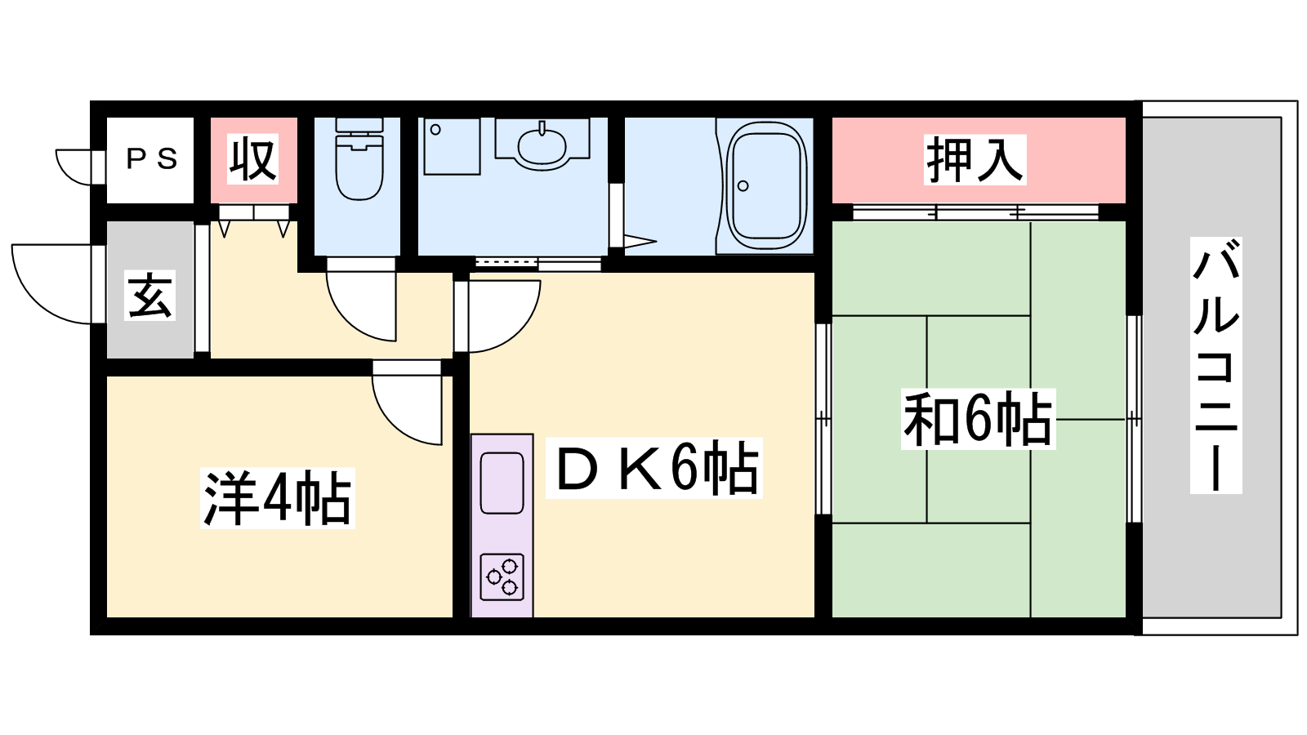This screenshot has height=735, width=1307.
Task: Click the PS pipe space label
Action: [x=152, y=158]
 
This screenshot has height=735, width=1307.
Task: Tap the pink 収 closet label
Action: [x=252, y=158]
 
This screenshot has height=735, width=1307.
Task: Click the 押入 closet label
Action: [x=975, y=159]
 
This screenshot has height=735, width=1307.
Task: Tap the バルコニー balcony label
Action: [x=1216, y=366]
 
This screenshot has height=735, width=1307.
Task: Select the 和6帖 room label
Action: [x=978, y=420]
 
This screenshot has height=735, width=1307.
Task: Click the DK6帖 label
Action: [x=654, y=469]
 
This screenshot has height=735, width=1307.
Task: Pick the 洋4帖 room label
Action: [x=278, y=499]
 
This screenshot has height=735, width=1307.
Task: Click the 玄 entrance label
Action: [x=150, y=296]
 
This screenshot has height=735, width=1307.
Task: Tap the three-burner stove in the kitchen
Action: [x=502, y=577]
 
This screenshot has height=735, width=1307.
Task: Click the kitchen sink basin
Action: [x=502, y=483]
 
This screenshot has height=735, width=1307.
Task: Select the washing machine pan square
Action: [x=452, y=146]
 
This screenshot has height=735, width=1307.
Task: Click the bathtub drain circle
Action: [x=743, y=186]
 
